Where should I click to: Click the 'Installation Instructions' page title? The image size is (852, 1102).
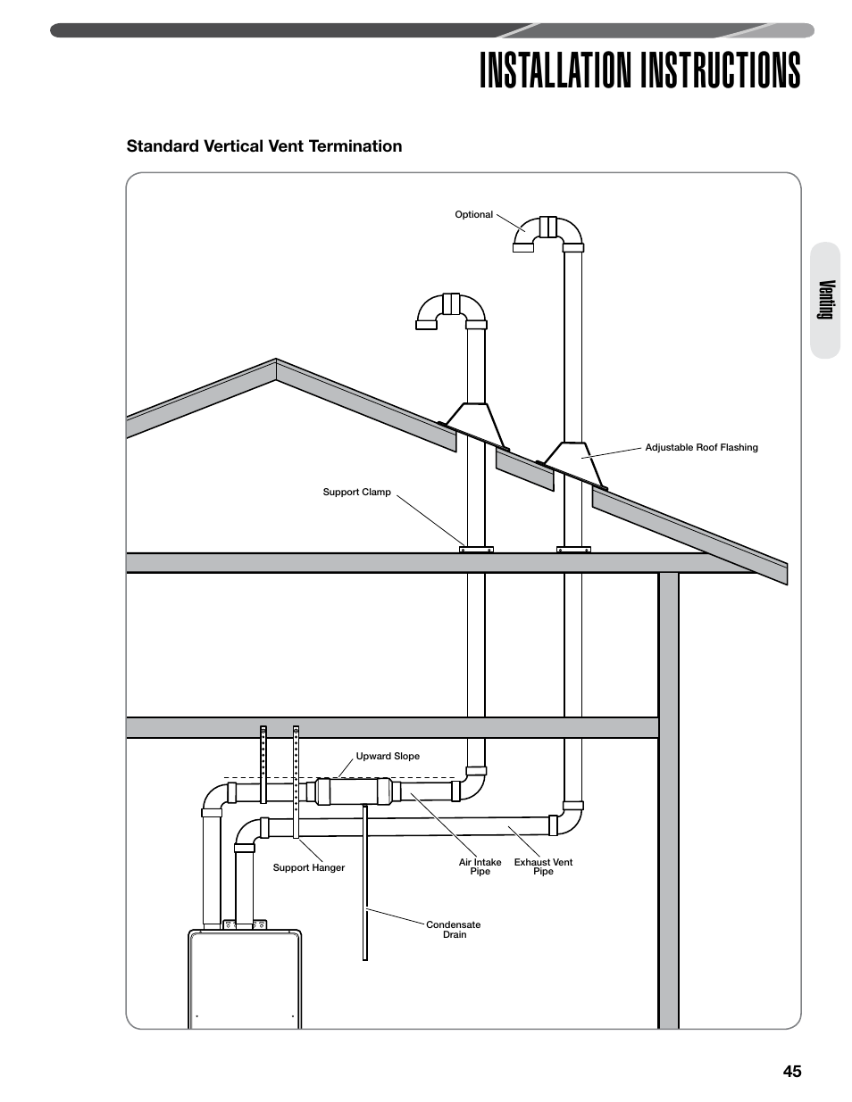click(x=639, y=70)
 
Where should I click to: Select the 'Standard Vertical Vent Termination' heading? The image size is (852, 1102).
click(x=264, y=146)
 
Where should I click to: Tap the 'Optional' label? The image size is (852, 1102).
click(x=473, y=215)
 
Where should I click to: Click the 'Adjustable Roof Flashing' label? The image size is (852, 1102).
click(x=701, y=448)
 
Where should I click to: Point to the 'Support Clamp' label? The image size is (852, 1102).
click(x=356, y=493)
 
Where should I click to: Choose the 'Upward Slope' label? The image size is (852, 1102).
click(x=388, y=757)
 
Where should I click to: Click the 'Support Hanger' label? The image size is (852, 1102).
click(x=308, y=868)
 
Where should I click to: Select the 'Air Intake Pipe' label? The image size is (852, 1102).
click(x=480, y=866)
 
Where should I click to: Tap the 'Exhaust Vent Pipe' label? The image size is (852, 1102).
click(x=543, y=866)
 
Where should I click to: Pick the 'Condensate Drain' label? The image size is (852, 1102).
click(x=454, y=930)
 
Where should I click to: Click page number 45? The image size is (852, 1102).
click(x=791, y=1072)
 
